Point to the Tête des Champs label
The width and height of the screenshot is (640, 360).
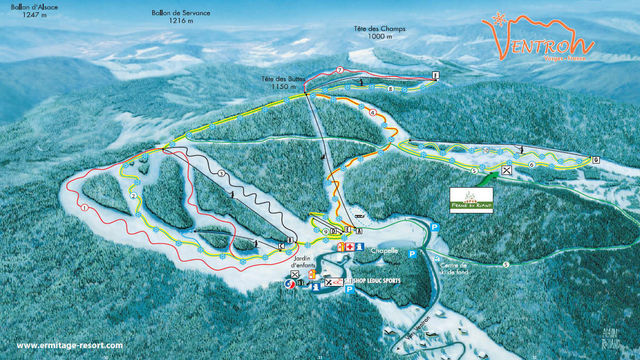tap(380, 32)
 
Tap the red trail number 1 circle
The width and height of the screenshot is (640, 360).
tap(84, 208)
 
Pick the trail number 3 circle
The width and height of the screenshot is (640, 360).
tap(222, 173)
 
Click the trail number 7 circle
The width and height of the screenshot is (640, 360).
tap(340, 69)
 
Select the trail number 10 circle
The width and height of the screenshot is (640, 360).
tap(485, 151)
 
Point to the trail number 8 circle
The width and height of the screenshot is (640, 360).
tap(390, 89)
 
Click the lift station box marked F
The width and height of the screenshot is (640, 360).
tap(435, 76)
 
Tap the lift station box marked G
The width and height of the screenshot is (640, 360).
tap(596, 159)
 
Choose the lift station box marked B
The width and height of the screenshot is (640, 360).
tap(290, 240)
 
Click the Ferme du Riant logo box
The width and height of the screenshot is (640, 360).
tap(471, 200)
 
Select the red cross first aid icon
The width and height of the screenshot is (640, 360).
tap(350, 247)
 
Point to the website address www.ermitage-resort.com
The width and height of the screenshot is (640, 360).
tap(70, 346)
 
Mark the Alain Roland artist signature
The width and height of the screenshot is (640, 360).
tap(611, 338)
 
